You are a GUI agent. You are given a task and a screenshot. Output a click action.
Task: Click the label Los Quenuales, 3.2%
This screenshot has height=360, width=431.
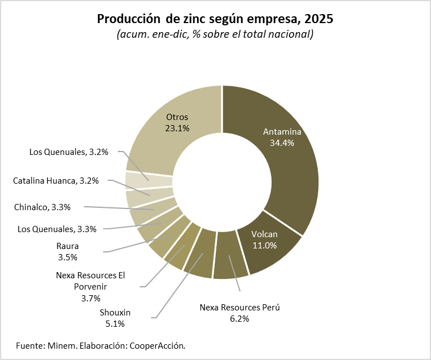69,152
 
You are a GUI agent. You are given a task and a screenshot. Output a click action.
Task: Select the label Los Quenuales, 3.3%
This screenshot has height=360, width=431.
57,229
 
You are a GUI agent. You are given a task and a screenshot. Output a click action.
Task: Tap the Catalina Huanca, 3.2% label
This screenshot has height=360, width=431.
56,181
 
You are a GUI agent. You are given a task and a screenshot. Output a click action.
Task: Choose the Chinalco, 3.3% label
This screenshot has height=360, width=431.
42,207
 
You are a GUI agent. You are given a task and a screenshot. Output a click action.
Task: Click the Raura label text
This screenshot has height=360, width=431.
67,246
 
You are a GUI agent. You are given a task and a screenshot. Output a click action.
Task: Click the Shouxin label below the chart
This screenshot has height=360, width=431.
115,313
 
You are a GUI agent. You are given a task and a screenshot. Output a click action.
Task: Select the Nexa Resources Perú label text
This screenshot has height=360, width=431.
240,308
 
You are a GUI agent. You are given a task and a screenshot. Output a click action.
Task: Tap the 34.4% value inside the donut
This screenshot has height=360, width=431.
282,143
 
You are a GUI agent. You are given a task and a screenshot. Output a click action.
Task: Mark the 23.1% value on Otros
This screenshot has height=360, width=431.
177,128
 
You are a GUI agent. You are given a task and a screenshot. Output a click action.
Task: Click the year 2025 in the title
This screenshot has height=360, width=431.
318,19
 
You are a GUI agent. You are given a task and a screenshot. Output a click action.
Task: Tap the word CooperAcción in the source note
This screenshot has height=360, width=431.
157,344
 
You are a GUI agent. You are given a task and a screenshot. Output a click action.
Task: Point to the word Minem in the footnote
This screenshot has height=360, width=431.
63,344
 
